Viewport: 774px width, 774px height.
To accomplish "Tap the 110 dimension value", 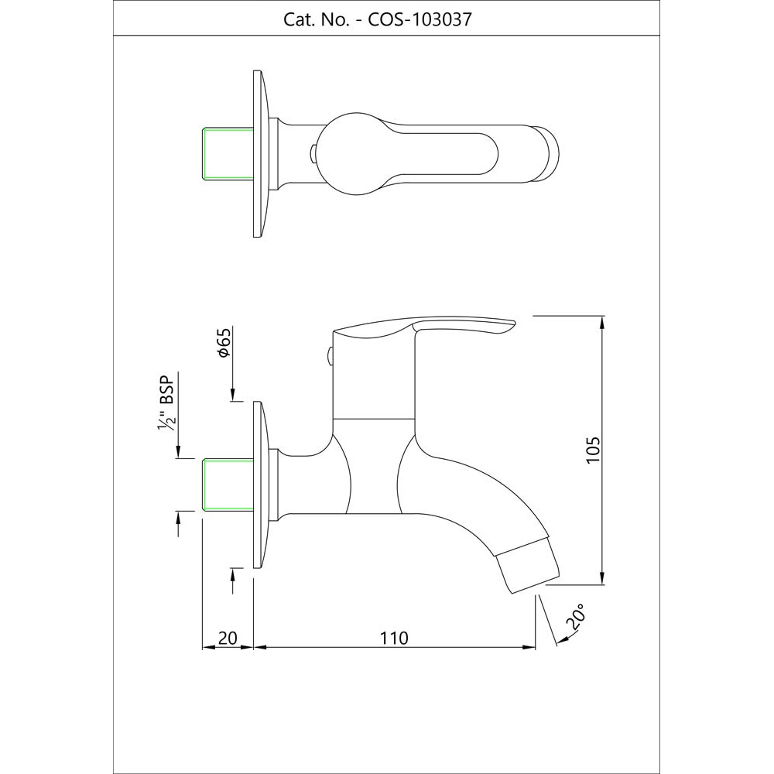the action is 395,639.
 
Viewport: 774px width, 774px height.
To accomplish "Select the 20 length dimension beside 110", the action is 228,639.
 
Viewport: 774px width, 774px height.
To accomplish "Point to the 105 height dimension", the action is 592,449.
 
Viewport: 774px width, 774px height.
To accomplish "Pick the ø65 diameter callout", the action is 224,342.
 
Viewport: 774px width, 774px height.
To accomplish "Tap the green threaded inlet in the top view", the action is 228,153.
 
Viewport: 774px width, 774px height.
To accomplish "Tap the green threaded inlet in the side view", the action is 228,485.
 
